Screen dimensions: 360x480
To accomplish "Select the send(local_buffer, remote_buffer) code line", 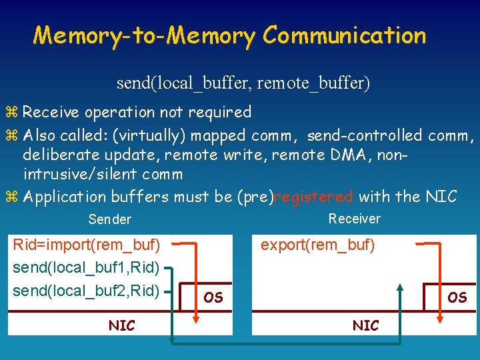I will click(x=243, y=83).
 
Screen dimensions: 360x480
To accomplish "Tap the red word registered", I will click(x=313, y=197).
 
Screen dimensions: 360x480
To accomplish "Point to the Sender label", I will click(x=110, y=219).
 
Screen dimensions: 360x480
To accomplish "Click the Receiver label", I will click(x=355, y=219).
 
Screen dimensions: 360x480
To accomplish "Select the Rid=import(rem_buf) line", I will click(x=87, y=245).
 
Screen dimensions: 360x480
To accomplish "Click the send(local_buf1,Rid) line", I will click(x=87, y=267).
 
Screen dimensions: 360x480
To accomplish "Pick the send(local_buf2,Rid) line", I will click(x=87, y=290).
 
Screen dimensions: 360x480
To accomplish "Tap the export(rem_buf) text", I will click(x=317, y=245).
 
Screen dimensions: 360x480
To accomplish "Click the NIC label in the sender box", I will click(x=121, y=325).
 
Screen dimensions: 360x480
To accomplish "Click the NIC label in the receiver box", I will click(x=365, y=325).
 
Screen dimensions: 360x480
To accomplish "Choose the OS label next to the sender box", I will click(x=213, y=297).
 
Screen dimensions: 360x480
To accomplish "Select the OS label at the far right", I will click(x=457, y=297).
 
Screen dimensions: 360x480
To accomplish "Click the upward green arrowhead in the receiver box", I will click(x=400, y=289).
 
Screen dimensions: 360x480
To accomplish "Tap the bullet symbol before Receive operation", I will click(x=14, y=112).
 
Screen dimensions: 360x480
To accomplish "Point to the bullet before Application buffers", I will click(x=14, y=197).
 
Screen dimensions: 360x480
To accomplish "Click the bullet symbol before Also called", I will click(x=14, y=136).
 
